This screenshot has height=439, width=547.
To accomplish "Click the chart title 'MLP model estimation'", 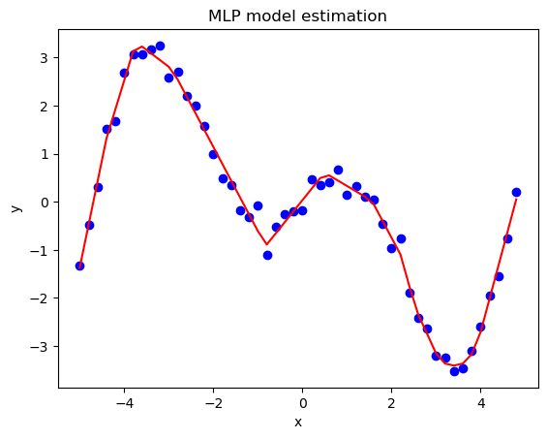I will [297, 16].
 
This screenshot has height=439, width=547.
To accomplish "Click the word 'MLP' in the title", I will [228, 16].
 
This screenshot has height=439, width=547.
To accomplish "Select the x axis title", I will [297, 423].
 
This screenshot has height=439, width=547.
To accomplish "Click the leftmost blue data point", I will [79, 266].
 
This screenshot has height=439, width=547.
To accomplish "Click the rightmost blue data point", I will [516, 192].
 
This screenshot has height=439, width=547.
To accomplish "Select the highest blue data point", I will [160, 46].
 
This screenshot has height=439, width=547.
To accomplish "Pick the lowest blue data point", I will [454, 371].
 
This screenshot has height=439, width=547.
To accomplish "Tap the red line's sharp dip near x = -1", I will [267, 244].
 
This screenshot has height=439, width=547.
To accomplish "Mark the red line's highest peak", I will [142, 47].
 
